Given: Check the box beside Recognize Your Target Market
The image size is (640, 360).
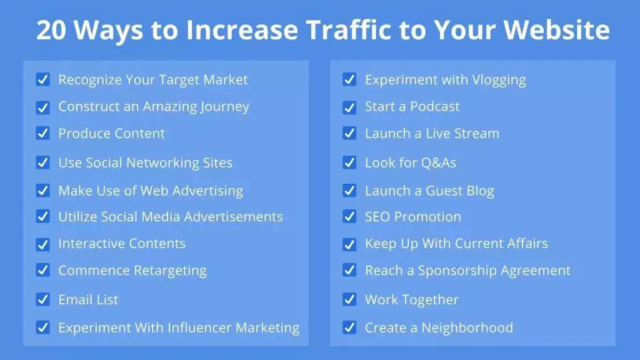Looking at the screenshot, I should [x=42, y=79].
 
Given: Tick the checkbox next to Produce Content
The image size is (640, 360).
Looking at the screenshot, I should [x=42, y=133].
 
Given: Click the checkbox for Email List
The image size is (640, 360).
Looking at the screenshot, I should [x=42, y=299].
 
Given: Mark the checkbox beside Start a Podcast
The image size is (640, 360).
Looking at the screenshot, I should [x=349, y=107].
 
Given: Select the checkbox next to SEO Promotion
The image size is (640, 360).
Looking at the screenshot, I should [x=349, y=217].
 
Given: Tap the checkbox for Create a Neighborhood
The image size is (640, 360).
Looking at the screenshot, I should [x=349, y=327].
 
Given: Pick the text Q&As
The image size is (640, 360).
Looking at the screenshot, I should [x=438, y=163].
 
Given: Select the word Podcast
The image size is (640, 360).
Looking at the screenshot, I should [x=435, y=107].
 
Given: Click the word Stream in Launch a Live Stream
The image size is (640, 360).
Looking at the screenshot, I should [x=479, y=133].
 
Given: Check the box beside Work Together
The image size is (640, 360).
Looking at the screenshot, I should [x=349, y=299].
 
